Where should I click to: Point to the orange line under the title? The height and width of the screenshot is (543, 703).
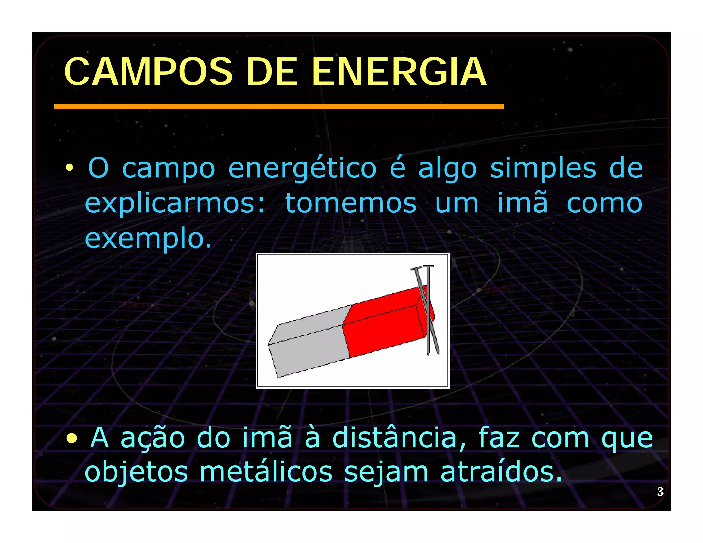[278, 107]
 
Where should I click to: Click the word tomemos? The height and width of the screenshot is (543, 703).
[351, 203]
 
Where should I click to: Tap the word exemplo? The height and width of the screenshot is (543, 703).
[148, 238]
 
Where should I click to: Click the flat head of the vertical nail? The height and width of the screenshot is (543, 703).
[428, 266]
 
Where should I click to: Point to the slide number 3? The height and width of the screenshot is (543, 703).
[660, 492]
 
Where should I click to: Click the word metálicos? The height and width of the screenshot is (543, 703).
[266, 472]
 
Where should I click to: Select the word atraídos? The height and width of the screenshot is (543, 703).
[501, 472]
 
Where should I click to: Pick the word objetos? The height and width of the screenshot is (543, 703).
[136, 472]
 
